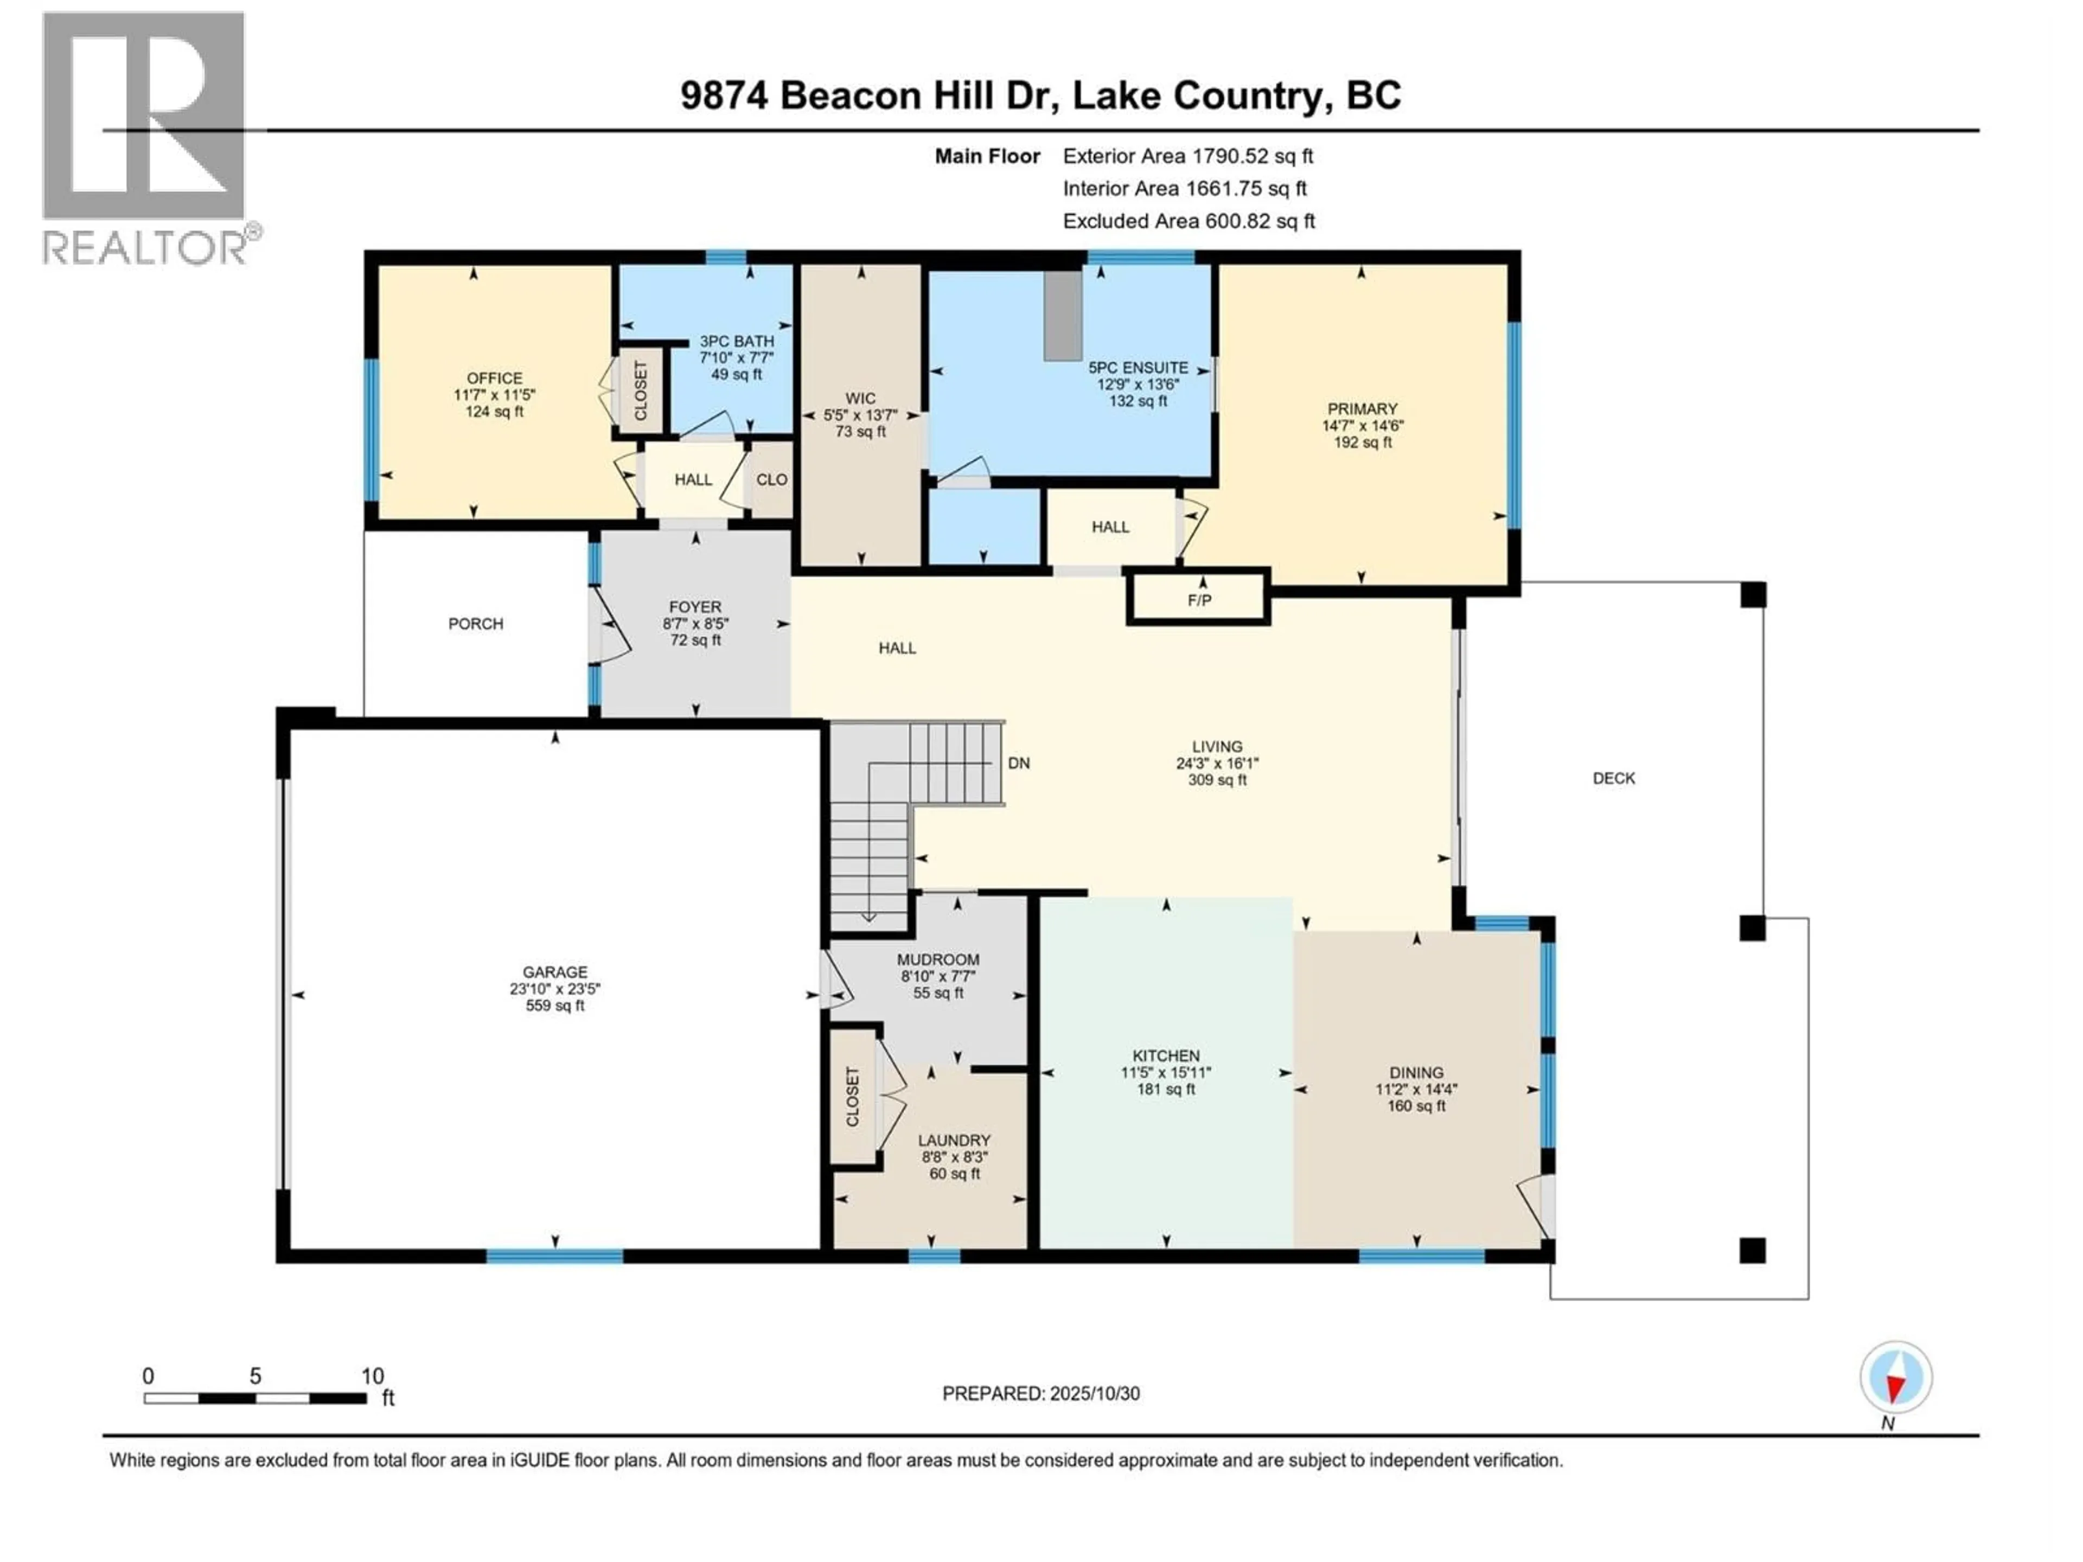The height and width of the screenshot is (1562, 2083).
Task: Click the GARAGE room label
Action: [x=554, y=972]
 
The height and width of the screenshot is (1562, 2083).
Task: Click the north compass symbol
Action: [x=1896, y=1378]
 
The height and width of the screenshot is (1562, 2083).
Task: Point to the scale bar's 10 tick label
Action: [x=373, y=1375]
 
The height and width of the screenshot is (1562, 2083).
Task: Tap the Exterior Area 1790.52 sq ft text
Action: [x=1187, y=156]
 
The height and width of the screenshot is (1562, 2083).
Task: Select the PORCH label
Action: [x=476, y=623]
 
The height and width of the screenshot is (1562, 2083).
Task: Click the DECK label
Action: [x=1613, y=778]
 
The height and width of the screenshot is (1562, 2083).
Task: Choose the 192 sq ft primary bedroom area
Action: [x=1362, y=443]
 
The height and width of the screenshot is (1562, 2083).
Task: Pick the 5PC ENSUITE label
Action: [x=1138, y=367]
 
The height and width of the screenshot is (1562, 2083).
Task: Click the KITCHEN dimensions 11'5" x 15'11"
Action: [x=1166, y=1072]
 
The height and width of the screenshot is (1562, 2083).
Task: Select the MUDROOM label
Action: [x=938, y=959]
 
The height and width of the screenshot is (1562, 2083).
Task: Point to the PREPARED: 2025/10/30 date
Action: [x=1040, y=1393]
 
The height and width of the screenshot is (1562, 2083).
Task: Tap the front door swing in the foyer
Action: [x=612, y=625]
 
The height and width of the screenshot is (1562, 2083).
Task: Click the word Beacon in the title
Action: [x=849, y=96]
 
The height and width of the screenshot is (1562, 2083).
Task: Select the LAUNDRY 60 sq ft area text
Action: [x=955, y=1174]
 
